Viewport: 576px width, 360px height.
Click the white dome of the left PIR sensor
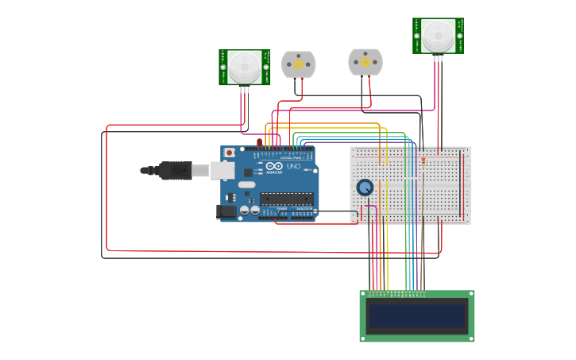244,67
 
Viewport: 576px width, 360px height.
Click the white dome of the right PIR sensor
438,35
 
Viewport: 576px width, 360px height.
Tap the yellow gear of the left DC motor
299,64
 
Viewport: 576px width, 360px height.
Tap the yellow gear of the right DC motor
365,61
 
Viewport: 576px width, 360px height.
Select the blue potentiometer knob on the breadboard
365,188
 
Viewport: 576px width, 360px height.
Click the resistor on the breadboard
423,162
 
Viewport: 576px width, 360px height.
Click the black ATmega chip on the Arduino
285,198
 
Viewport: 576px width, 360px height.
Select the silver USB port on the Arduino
223,169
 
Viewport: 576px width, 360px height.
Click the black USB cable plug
175,170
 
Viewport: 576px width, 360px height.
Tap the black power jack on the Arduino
226,211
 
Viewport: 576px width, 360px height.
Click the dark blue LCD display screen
417,316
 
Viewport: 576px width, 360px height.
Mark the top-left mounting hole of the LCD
364,294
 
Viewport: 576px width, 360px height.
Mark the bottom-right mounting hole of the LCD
471,338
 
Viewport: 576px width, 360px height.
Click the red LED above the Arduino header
260,142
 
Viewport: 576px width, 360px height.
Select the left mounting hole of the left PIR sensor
223,68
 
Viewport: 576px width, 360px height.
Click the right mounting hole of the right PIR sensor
459,36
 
